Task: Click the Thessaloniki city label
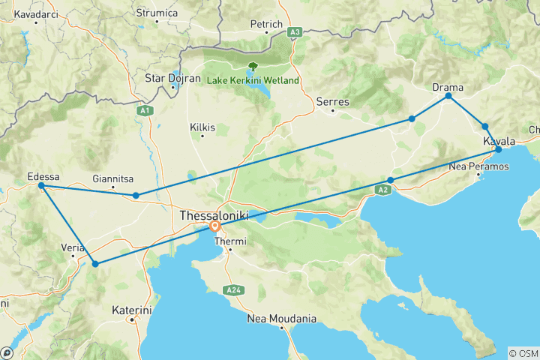(x=214, y=215)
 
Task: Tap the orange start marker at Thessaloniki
(x=215, y=226)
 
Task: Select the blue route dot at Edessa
(x=41, y=185)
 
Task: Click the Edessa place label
(x=43, y=176)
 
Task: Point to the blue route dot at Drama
(x=448, y=96)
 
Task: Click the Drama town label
(x=448, y=87)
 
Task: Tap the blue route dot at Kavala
(x=499, y=150)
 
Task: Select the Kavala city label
(x=499, y=141)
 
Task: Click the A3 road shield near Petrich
(x=295, y=32)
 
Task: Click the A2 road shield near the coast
(x=382, y=190)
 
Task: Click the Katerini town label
(x=132, y=309)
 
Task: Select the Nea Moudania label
(x=282, y=319)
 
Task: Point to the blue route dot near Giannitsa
(x=136, y=196)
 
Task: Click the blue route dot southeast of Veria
(x=95, y=263)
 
